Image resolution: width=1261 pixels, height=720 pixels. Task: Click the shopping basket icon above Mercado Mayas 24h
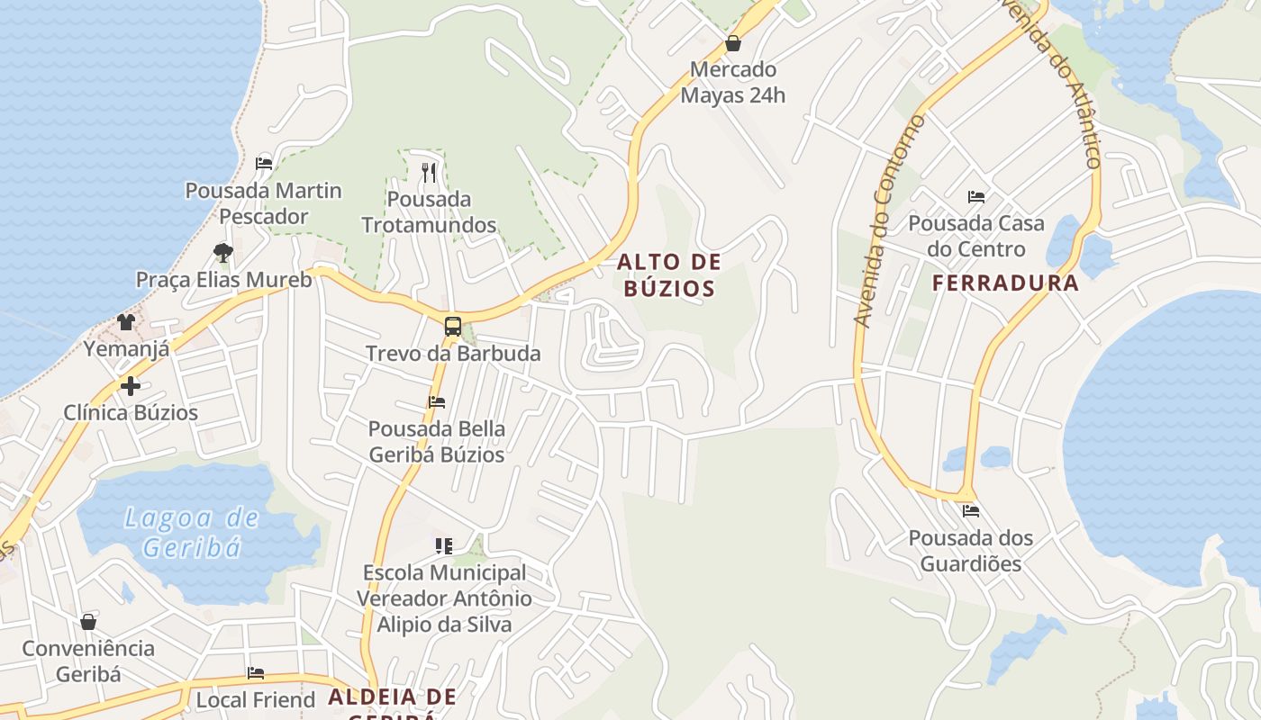733,42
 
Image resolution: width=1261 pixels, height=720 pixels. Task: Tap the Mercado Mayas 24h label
733,82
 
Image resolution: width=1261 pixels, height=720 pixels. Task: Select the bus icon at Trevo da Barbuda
453,327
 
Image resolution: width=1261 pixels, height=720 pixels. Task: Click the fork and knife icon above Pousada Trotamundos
429,172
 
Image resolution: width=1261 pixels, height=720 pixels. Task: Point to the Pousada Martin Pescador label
263,203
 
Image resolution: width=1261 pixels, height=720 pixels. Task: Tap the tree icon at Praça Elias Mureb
223,253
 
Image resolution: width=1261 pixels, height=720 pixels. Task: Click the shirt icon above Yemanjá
126,322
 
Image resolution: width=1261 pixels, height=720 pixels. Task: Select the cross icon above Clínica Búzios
131,386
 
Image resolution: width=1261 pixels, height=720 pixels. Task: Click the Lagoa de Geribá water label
191,532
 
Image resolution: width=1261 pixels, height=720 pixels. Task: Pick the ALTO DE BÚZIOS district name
668,275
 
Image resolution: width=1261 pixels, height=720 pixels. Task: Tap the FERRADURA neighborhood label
1005,283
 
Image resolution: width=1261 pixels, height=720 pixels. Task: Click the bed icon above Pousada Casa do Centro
976,197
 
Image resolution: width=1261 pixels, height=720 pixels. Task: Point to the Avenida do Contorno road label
888,221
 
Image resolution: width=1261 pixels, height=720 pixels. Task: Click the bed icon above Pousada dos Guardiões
970,511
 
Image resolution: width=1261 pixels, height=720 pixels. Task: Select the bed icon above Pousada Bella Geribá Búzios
437,401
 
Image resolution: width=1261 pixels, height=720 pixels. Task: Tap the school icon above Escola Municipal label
443,545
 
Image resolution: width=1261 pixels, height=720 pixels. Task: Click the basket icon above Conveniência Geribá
88,622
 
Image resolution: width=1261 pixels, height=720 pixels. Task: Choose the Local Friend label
256,699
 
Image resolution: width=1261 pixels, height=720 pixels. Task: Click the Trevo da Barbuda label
453,354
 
